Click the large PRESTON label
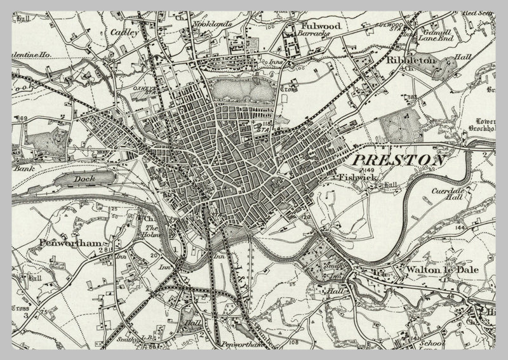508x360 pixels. coord(398,161)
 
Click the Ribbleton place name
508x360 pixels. coord(411,60)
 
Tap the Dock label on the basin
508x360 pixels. coord(84,179)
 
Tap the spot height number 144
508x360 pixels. coord(478,227)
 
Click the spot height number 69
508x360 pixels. coord(25,119)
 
